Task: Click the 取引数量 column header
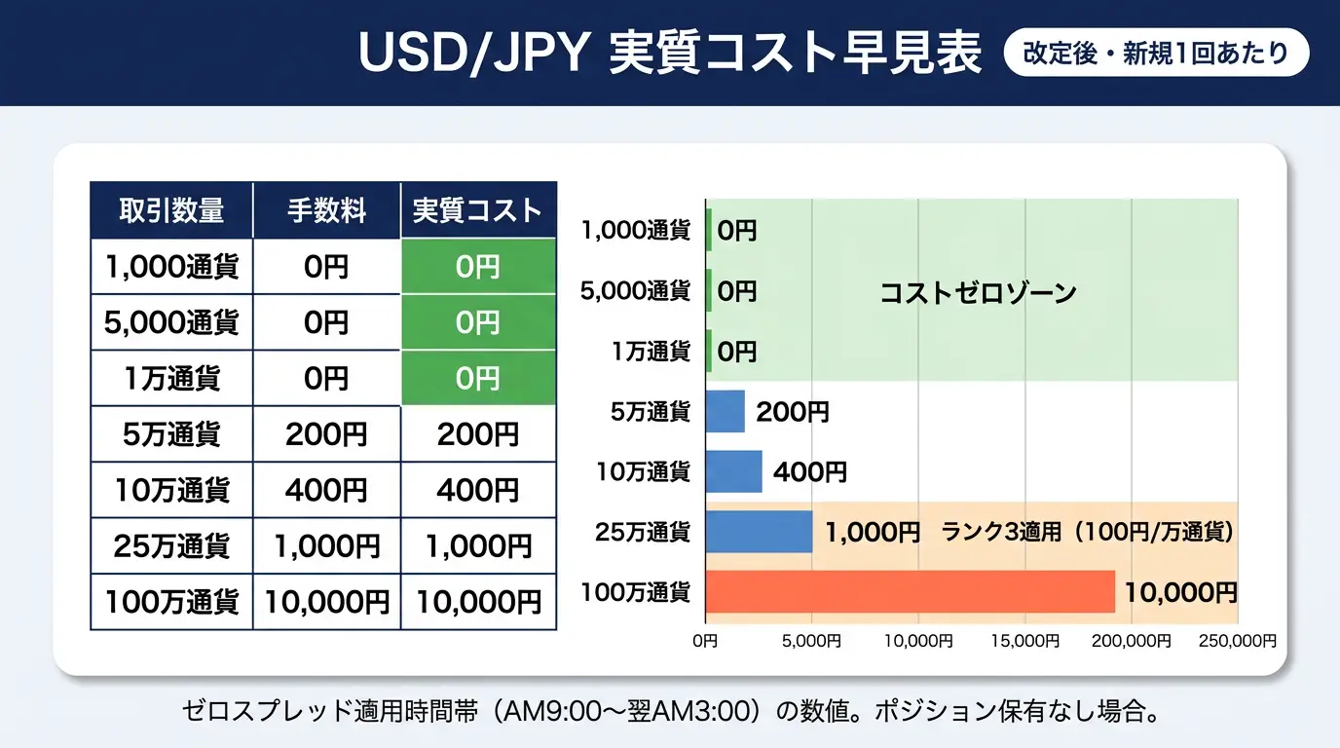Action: coord(171,210)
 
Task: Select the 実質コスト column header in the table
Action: coord(477,210)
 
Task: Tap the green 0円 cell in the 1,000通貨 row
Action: coord(477,267)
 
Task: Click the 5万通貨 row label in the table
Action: coord(171,434)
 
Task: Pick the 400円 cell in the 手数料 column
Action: coord(326,490)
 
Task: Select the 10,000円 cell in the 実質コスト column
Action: coord(477,602)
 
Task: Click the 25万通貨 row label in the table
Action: coord(171,546)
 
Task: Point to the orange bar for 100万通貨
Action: coord(910,591)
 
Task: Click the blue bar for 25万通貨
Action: coord(759,532)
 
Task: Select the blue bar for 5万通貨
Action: coord(725,411)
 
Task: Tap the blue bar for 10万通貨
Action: coord(733,471)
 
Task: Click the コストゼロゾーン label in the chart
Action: coord(978,292)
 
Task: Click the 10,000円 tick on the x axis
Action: coord(917,641)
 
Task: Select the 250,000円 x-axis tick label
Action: coord(1237,641)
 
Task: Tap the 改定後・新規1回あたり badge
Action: coord(1156,54)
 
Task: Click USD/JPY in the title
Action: coord(473,55)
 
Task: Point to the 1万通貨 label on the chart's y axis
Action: coord(650,351)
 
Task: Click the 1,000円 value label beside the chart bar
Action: coord(873,532)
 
